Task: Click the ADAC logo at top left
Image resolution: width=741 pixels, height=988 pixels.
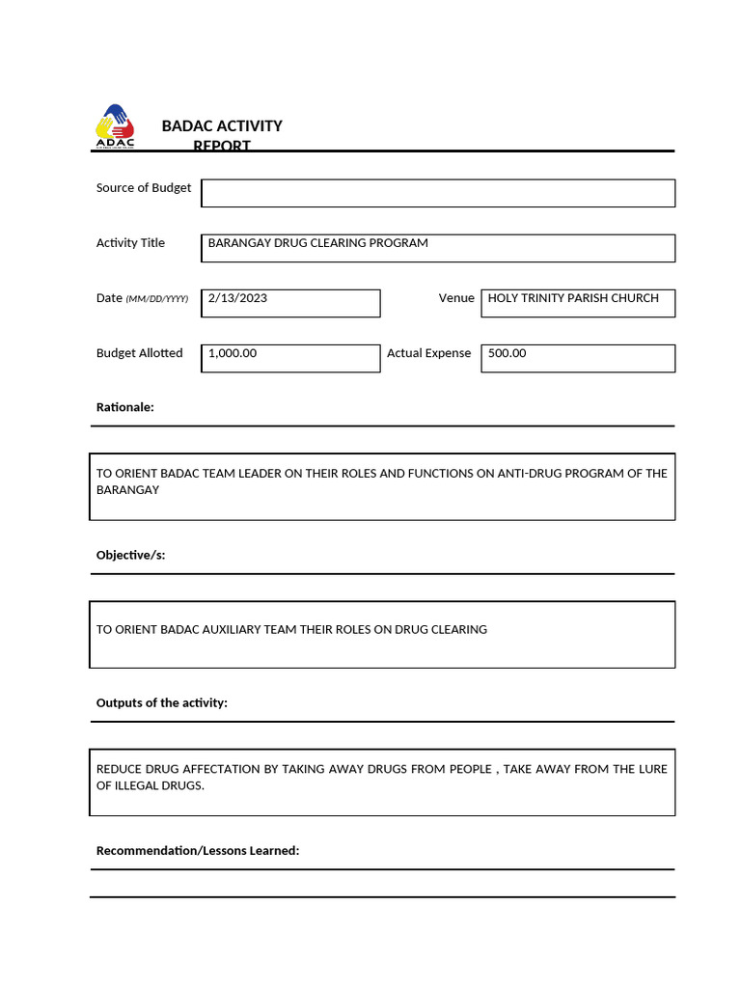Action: [x=115, y=126]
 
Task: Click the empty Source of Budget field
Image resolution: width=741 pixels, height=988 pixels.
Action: [x=438, y=193]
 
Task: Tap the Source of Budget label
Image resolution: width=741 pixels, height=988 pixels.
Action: [x=144, y=188]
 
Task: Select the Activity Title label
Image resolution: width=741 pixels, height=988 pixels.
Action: [x=130, y=243]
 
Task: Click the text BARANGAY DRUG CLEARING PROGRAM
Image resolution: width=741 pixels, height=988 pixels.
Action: [x=317, y=243]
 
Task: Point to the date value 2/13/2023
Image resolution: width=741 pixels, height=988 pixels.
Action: [x=237, y=298]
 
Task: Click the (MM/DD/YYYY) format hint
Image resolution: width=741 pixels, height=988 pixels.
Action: [x=157, y=299]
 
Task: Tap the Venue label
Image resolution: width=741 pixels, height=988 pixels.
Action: [x=456, y=298]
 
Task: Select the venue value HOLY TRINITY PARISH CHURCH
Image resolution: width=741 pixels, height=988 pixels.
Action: [x=573, y=298]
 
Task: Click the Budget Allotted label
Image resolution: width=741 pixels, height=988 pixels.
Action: [x=139, y=353]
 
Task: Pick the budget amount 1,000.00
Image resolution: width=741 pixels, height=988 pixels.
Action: [x=233, y=353]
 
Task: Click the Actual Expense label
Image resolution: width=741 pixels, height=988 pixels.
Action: [x=428, y=353]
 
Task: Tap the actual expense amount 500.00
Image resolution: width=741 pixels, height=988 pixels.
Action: [x=508, y=353]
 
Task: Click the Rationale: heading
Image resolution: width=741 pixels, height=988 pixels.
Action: [x=124, y=407]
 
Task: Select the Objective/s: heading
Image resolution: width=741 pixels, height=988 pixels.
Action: [x=130, y=555]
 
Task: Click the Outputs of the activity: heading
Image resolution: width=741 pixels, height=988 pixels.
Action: [x=161, y=702]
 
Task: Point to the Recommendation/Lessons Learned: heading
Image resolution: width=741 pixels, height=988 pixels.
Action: [x=198, y=850]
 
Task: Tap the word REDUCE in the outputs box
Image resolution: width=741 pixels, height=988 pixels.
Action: [x=119, y=769]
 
